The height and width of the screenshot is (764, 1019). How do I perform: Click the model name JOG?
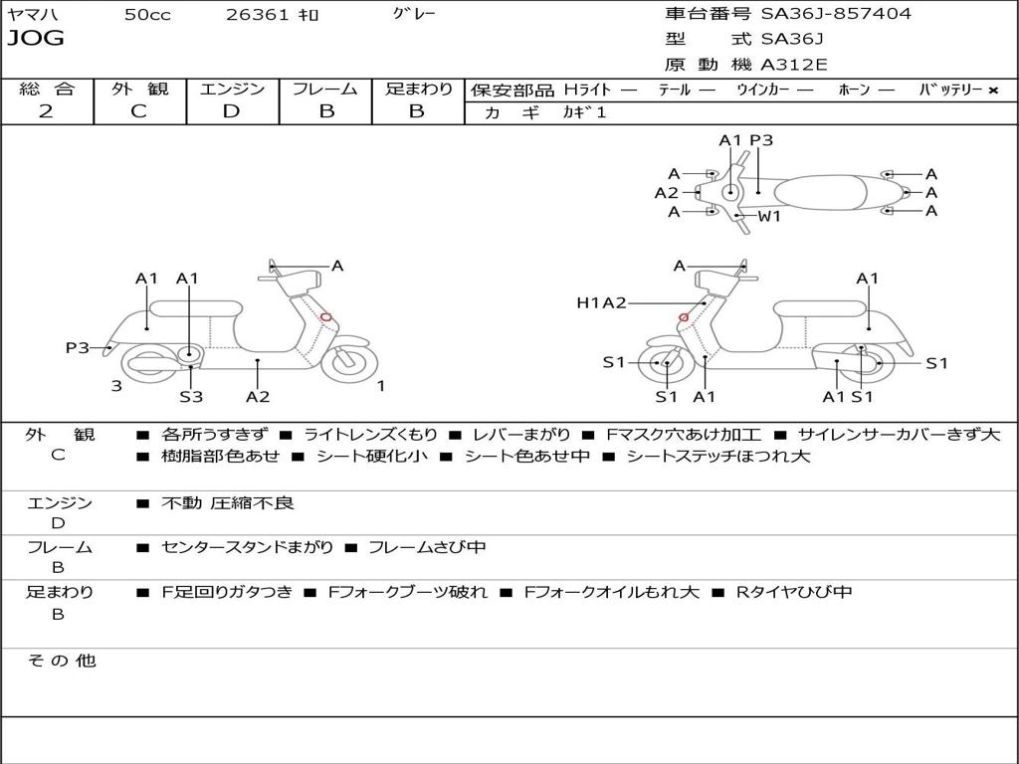click(x=36, y=39)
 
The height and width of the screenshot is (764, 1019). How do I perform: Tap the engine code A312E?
click(x=793, y=66)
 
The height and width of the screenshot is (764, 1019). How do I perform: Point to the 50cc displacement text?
click(x=147, y=15)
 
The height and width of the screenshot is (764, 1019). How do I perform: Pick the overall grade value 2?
click(x=46, y=111)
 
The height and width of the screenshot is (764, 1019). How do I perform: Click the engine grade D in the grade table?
click(x=231, y=111)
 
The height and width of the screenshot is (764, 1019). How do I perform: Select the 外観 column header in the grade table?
click(x=139, y=90)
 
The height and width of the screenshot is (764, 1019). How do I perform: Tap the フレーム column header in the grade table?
click(x=325, y=90)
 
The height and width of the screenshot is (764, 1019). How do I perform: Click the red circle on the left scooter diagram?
click(x=326, y=317)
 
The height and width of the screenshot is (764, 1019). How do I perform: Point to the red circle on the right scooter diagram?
click(x=684, y=317)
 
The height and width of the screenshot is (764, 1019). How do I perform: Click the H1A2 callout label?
click(x=601, y=302)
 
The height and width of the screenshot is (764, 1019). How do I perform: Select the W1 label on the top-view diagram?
click(x=769, y=216)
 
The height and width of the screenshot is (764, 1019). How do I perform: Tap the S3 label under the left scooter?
click(x=191, y=397)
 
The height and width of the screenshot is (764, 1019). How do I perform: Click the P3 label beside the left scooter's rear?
click(x=78, y=347)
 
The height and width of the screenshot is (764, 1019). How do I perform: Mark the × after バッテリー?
click(x=993, y=91)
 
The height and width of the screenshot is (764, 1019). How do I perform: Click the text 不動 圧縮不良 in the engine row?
click(x=228, y=503)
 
